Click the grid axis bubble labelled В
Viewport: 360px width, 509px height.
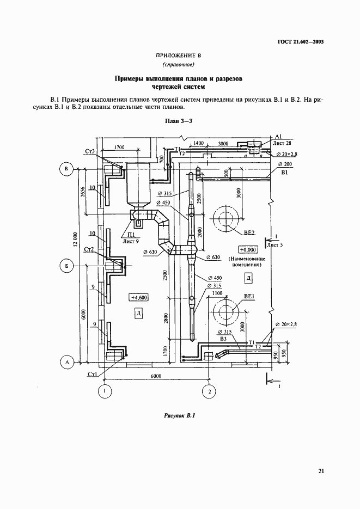(66, 170)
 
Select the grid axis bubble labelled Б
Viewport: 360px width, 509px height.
(66, 266)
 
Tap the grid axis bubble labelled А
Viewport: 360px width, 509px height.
(66, 362)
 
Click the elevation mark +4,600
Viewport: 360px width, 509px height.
(139, 297)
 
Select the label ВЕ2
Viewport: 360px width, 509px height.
(249, 232)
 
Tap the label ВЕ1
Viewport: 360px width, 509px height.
(250, 298)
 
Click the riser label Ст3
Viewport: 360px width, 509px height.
(90, 151)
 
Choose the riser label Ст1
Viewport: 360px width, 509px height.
(91, 375)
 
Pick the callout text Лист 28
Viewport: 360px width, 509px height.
(282, 143)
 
